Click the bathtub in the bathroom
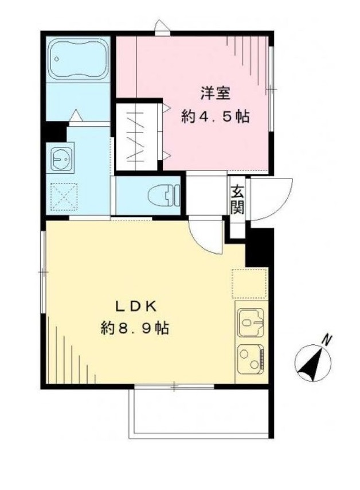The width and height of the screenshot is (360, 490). point(79,59)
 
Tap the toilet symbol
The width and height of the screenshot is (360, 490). point(163,195)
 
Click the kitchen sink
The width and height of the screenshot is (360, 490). point(251,322)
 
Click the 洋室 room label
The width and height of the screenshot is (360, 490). point(216,94)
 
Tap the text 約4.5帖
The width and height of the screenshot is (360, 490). point(216,117)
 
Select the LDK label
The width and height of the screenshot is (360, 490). point(136,306)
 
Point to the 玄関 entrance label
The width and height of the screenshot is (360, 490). point(237,199)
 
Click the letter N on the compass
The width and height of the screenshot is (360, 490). point(327,340)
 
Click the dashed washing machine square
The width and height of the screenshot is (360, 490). point(64,197)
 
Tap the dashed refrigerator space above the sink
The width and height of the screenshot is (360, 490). point(249,283)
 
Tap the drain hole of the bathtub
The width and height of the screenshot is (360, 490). point(57,59)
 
